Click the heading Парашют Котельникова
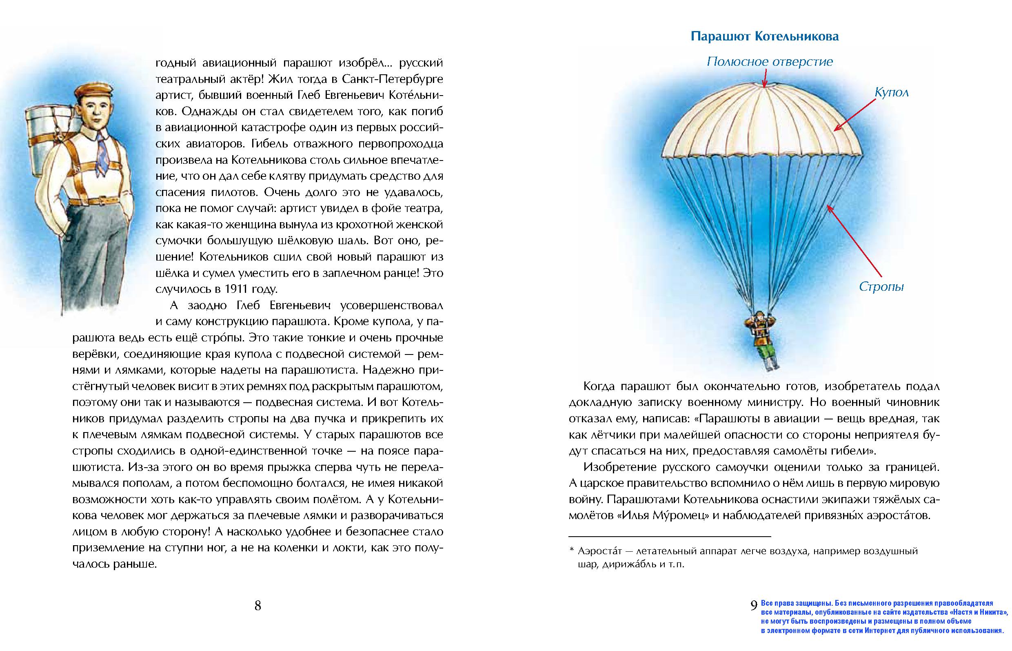(764, 37)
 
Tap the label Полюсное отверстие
(770, 62)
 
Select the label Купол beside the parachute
(891, 93)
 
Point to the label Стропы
(881, 287)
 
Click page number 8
(257, 606)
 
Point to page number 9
(754, 605)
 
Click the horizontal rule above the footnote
(670, 536)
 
